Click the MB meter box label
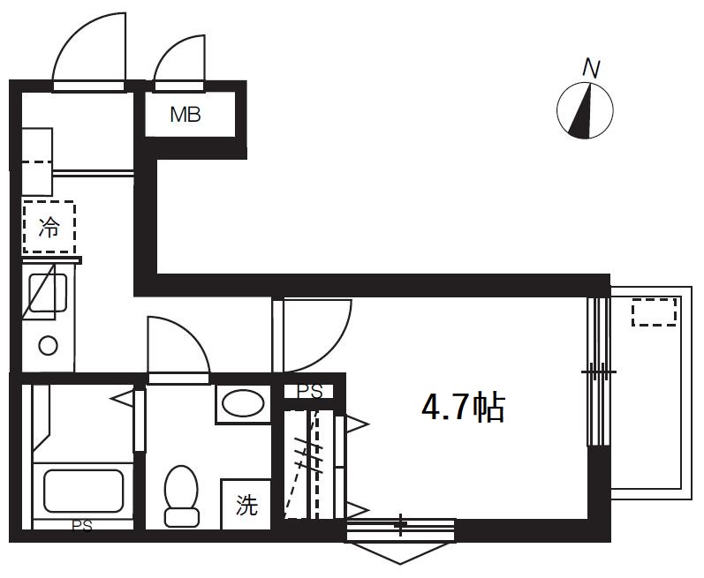click(185, 115)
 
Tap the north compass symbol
click(585, 111)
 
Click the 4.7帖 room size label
click(463, 408)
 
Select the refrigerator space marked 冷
click(49, 228)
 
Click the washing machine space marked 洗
click(246, 505)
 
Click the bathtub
click(83, 491)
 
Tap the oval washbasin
click(242, 404)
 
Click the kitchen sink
click(48, 295)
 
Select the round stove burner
click(48, 346)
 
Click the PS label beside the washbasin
click(308, 391)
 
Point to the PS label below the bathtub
click(81, 527)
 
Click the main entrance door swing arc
click(88, 51)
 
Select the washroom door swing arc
click(177, 346)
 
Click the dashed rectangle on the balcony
click(654, 312)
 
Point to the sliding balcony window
click(598, 371)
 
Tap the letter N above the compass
click(591, 67)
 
